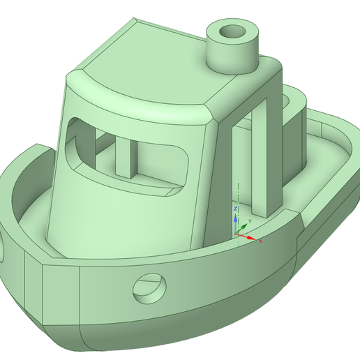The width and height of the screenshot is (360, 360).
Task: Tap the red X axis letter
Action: pyautogui.click(x=260, y=241)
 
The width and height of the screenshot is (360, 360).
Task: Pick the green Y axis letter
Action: pyautogui.click(x=249, y=219)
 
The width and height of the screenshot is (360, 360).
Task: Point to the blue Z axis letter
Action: pyautogui.click(x=236, y=209)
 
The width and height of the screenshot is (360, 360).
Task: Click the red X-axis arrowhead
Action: pyautogui.click(x=253, y=238)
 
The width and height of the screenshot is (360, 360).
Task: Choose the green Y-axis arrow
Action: pyautogui.click(x=243, y=226)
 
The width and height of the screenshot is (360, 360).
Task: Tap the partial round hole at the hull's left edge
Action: pyautogui.click(x=3, y=248)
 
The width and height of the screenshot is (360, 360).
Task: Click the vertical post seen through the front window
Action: pyautogui.click(x=128, y=156)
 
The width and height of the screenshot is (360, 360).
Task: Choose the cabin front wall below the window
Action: pyautogui.click(x=119, y=216)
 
